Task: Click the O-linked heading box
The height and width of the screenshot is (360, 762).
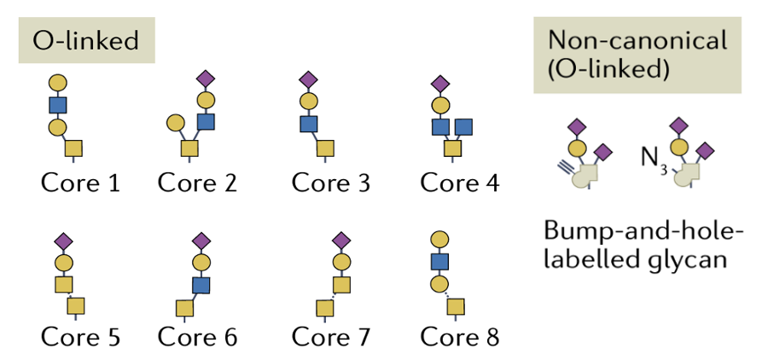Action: pyautogui.click(x=86, y=40)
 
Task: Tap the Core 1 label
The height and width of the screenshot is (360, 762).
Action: pyautogui.click(x=80, y=183)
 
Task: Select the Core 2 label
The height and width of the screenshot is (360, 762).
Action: pyautogui.click(x=197, y=183)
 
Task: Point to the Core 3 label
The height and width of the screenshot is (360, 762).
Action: pyautogui.click(x=331, y=183)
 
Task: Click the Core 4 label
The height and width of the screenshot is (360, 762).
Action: pyautogui.click(x=460, y=183)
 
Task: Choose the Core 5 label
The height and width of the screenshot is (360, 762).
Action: pyautogui.click(x=80, y=337)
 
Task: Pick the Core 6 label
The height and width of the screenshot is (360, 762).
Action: pyautogui.click(x=197, y=337)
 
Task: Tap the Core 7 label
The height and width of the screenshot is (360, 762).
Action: pyautogui.click(x=331, y=337)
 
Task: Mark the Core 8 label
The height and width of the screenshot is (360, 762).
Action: pyautogui.click(x=460, y=337)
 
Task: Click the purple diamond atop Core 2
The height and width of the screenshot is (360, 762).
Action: pyautogui.click(x=206, y=78)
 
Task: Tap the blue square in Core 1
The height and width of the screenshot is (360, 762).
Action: pyautogui.click(x=57, y=105)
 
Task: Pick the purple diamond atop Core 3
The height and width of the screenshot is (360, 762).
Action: pyautogui.click(x=308, y=80)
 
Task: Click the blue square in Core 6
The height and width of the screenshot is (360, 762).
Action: pyautogui.click(x=201, y=285)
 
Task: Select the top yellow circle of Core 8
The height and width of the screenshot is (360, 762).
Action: pyautogui.click(x=439, y=239)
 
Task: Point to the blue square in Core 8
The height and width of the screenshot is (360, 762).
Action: pyautogui.click(x=439, y=261)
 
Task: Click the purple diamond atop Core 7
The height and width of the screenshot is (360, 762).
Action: pyautogui.click(x=341, y=240)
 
